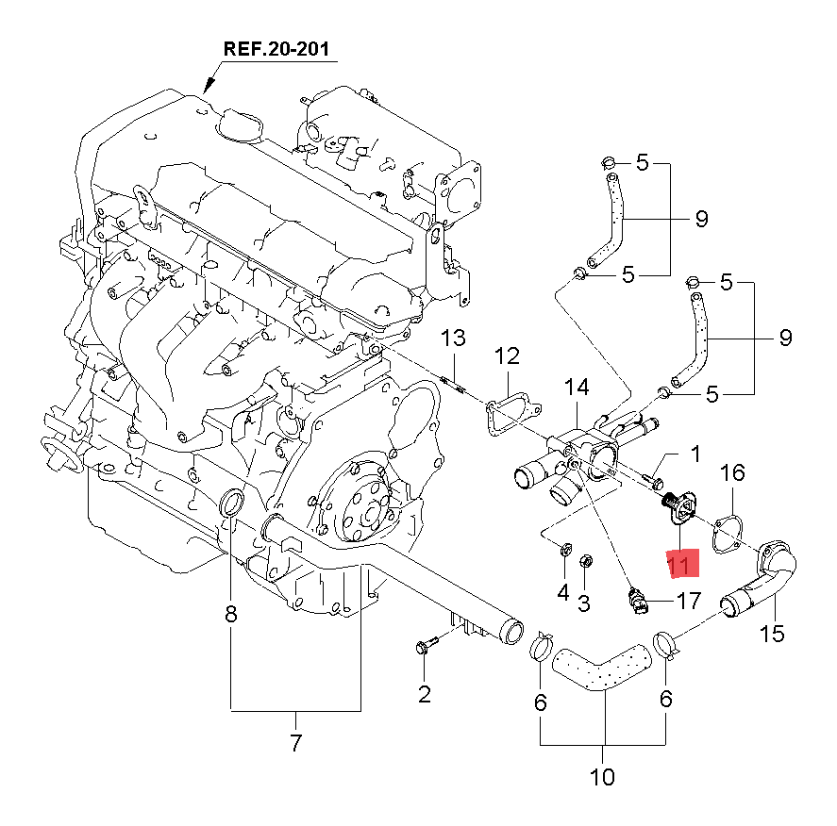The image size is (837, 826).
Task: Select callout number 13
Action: [454, 339]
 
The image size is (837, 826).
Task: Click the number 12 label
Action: [507, 356]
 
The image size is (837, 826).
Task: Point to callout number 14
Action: [577, 387]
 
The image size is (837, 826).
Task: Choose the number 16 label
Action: [733, 472]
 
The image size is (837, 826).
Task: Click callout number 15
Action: [772, 633]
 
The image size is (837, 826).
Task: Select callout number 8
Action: [231, 615]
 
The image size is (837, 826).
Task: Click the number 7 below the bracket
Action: [295, 743]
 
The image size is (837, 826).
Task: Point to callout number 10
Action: [602, 777]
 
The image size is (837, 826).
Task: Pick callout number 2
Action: [424, 695]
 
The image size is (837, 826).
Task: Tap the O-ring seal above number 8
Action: [231, 504]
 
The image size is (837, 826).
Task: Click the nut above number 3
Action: [584, 562]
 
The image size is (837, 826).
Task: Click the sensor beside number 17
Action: [638, 598]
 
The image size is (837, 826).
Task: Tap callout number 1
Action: [695, 454]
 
